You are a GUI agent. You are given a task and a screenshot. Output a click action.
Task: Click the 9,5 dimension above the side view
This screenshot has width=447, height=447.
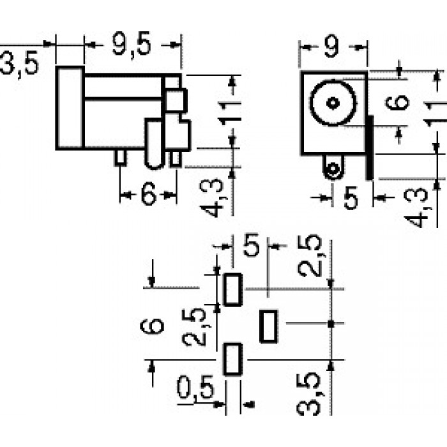pyautogui.click(x=131, y=45)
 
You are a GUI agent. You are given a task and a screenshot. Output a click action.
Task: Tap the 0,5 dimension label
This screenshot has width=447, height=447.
pyautogui.click(x=195, y=387)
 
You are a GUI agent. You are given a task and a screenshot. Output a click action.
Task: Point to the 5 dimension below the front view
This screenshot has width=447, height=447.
pyautogui.click(x=351, y=197)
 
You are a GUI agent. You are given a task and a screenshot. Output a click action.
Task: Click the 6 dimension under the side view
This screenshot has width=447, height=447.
pyautogui.click(x=149, y=194)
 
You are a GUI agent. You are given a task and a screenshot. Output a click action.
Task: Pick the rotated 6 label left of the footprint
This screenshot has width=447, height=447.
pyautogui.click(x=152, y=326)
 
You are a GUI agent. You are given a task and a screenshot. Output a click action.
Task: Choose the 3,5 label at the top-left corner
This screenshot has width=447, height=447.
pyautogui.click(x=19, y=63)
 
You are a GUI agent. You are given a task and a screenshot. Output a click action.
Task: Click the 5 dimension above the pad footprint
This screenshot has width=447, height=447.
pyautogui.click(x=251, y=245)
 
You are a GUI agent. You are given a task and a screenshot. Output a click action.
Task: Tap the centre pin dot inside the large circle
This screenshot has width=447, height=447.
pyautogui.click(x=333, y=103)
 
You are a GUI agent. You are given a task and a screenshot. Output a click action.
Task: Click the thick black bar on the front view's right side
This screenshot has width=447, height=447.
pyautogui.click(x=370, y=148)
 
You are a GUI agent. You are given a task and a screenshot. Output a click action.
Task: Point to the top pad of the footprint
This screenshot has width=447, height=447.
pyautogui.click(x=232, y=290)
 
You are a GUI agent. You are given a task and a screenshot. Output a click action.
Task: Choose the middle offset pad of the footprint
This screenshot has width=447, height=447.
pyautogui.click(x=269, y=326)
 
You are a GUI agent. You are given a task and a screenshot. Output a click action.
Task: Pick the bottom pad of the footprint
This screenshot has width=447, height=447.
pyautogui.click(x=233, y=360)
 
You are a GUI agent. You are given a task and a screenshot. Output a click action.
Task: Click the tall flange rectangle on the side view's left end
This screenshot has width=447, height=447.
pyautogui.click(x=70, y=108)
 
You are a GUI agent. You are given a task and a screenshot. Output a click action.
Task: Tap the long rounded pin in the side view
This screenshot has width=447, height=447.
pyautogui.click(x=155, y=144)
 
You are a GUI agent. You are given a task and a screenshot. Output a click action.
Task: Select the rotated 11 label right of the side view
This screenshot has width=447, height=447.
pyautogui.click(x=230, y=113)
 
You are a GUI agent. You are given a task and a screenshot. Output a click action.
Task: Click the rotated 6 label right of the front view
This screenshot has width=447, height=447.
pyautogui.click(x=397, y=102)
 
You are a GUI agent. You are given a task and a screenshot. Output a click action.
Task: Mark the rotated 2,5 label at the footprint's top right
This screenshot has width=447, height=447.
pyautogui.click(x=310, y=255)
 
